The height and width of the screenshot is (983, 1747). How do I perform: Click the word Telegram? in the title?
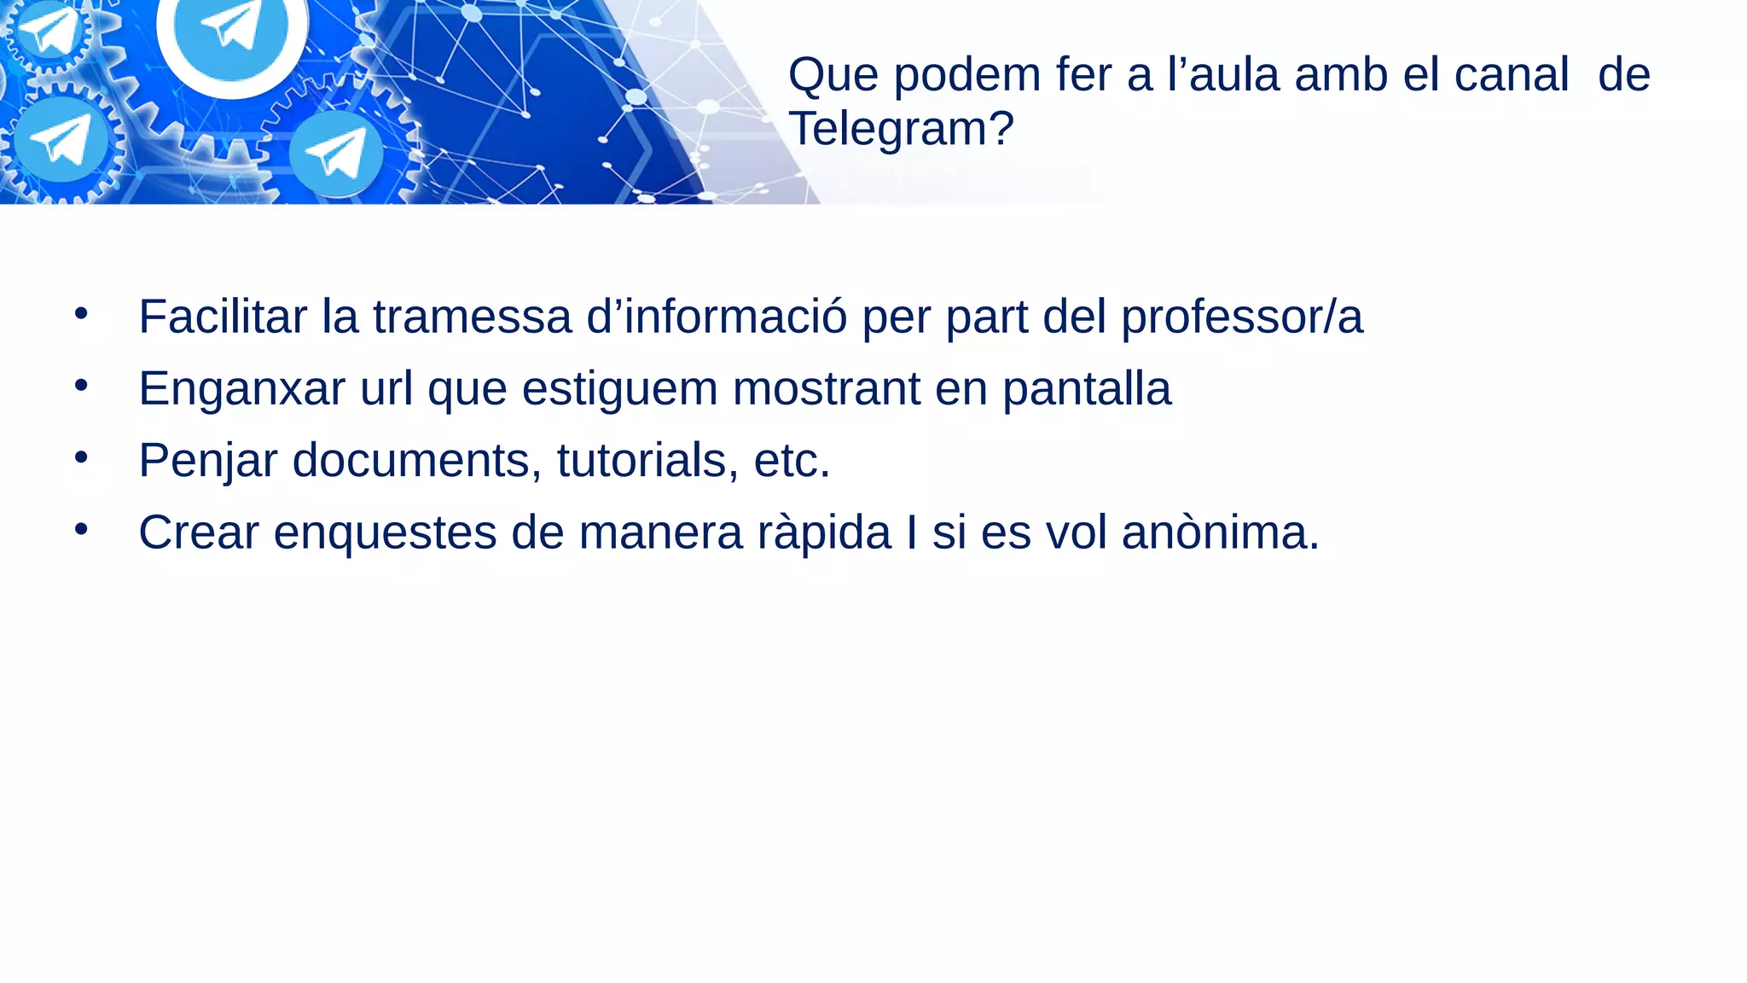coord(901,129)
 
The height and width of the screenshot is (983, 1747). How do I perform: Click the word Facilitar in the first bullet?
coord(223,317)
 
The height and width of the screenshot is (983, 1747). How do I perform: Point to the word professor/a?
coord(1241,318)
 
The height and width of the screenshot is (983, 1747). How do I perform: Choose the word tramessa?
coord(472,317)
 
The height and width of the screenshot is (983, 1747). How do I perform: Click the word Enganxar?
coord(241,390)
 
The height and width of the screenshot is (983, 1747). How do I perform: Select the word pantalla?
coord(1086,390)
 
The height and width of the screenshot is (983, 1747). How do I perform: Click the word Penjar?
coord(208,462)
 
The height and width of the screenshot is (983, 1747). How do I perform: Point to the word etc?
coord(792,462)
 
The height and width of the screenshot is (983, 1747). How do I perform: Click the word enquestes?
coord(385,533)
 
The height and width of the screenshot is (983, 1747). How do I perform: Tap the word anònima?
coord(1220,532)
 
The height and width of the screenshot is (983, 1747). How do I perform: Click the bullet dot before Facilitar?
coord(81,313)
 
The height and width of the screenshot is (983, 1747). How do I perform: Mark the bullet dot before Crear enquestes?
coord(81,529)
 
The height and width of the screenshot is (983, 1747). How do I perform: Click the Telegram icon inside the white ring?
coord(231,26)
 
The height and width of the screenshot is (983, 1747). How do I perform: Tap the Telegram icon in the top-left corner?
coord(49,30)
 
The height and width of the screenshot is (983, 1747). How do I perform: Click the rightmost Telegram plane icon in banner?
coord(335,154)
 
